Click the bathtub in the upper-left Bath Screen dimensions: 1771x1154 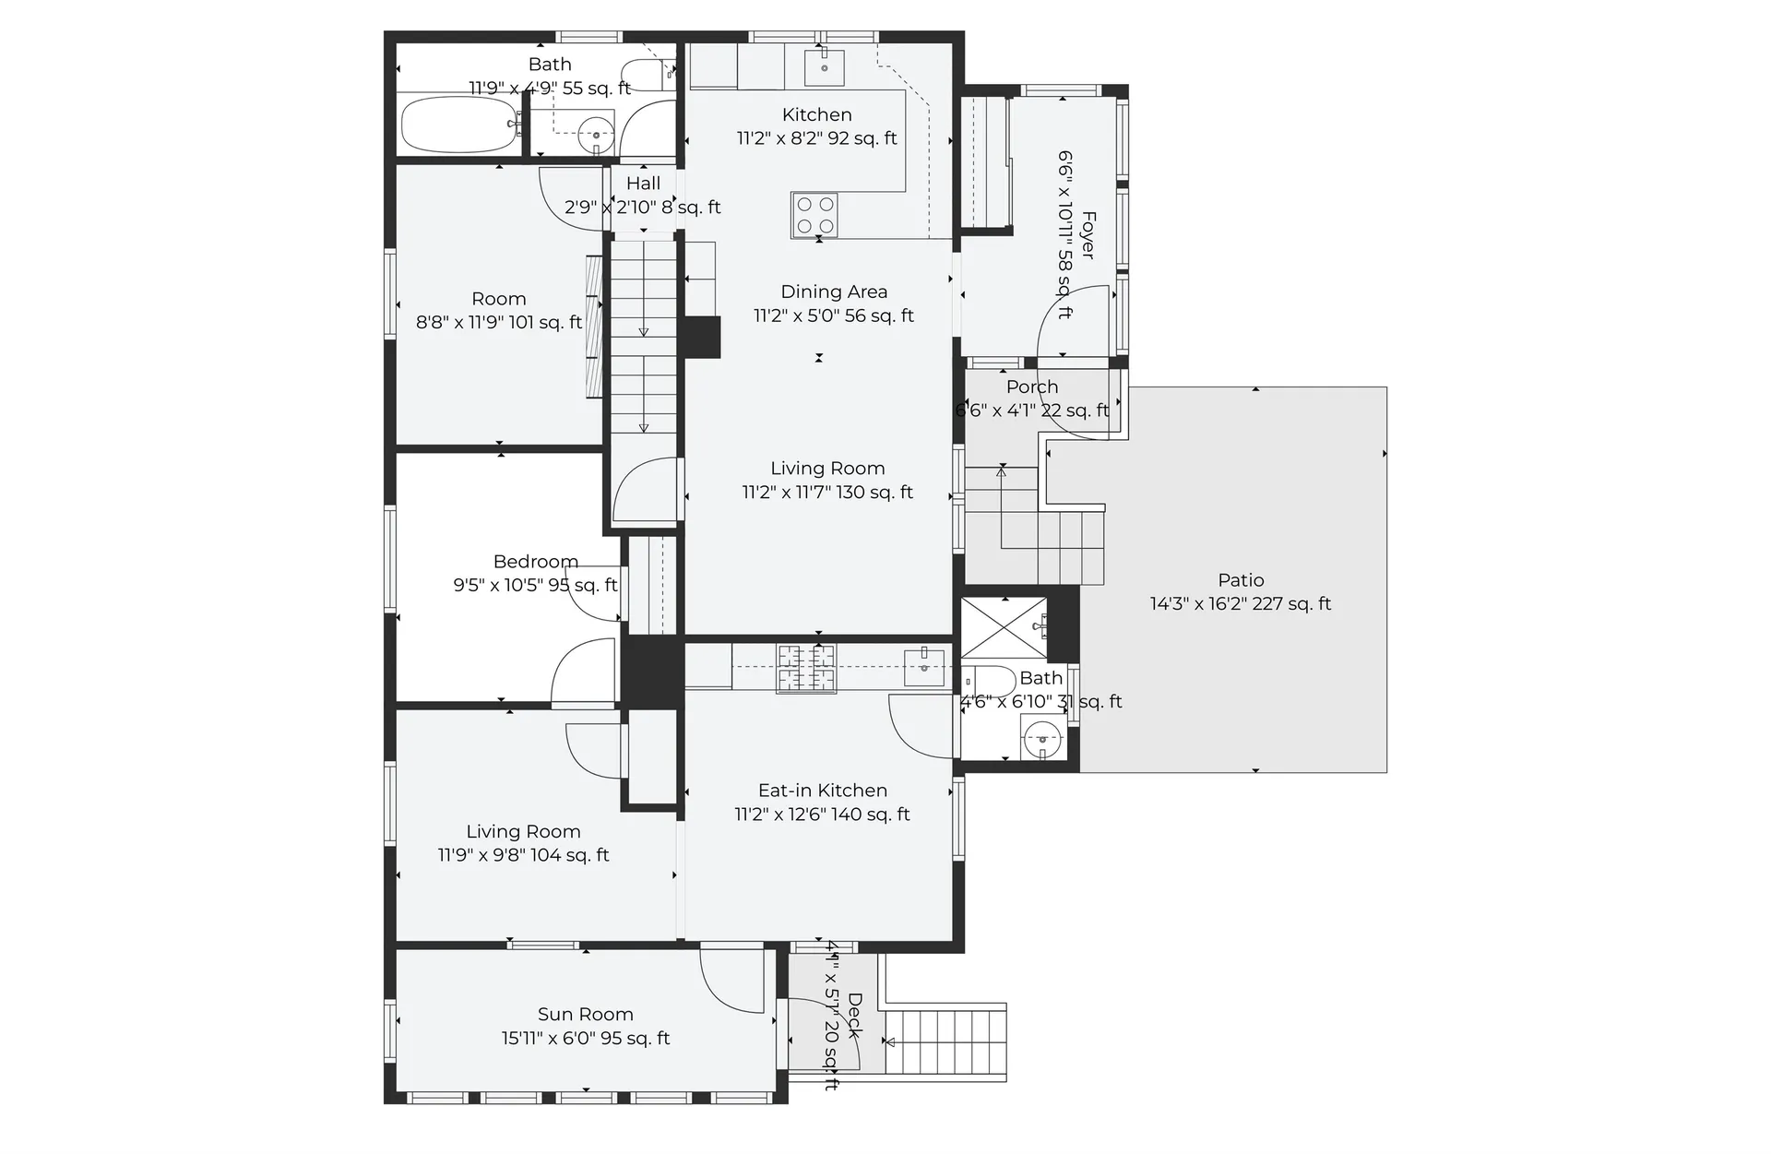460,125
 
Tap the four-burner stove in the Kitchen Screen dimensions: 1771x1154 814,215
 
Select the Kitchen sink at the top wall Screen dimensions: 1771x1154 825,67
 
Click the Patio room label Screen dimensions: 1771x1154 1241,580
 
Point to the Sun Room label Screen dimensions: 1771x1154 586,1015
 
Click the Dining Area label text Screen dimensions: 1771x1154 834,291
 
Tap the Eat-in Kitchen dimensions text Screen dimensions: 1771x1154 822,815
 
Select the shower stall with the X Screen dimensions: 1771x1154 1004,628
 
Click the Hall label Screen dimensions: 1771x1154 643,184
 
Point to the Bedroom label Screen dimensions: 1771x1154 536,562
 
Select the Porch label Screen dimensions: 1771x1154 1032,387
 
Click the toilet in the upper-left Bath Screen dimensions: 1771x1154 647,74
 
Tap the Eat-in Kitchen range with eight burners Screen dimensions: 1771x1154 807,668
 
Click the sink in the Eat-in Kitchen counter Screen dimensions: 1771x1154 924,667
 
